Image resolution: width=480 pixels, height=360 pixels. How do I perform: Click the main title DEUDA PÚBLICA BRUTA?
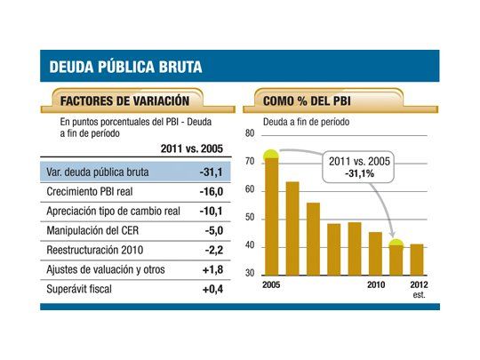click(125, 67)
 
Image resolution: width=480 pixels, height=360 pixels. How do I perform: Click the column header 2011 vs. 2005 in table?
click(191, 148)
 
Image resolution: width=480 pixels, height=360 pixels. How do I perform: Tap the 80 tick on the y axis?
click(250, 134)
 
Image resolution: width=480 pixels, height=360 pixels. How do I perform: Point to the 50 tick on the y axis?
click(250, 218)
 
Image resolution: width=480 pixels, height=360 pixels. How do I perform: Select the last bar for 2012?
click(416, 259)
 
